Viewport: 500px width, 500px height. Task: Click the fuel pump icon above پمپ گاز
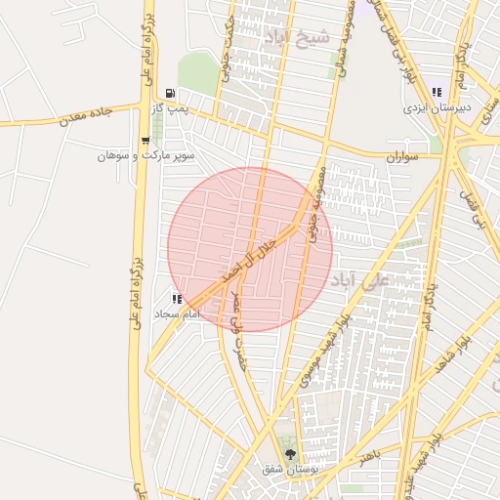[171, 94]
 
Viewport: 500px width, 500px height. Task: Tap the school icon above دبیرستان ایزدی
[437, 92]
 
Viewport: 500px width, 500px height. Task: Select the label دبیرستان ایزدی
[437, 107]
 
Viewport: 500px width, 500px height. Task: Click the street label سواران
[401, 156]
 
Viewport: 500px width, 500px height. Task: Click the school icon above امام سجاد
[177, 299]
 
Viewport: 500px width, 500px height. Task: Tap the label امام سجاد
[177, 314]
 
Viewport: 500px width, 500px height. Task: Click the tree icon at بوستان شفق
[289, 454]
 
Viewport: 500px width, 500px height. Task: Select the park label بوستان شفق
[285, 470]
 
